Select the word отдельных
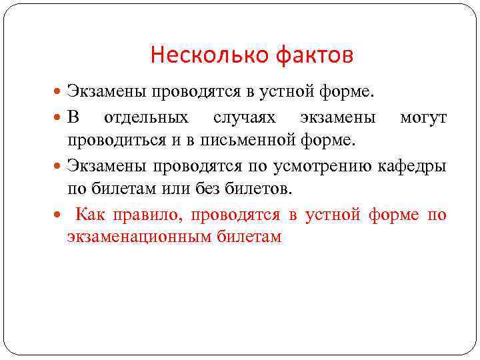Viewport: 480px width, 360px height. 145,119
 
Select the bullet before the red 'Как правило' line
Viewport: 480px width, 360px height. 58,215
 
